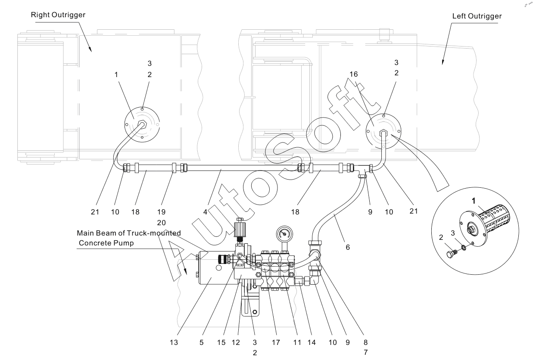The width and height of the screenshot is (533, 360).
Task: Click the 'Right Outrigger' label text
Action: tap(58, 15)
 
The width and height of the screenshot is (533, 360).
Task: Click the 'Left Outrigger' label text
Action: tap(477, 16)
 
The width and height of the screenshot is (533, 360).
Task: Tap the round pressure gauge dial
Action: tap(284, 234)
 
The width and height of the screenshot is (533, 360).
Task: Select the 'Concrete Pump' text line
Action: tap(106, 243)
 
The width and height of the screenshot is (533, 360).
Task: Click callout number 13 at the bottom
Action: tap(174, 342)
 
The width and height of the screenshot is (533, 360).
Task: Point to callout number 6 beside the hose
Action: tap(348, 247)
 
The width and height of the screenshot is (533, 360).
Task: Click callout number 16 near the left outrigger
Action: tap(354, 74)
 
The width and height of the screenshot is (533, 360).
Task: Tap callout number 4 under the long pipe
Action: tap(205, 212)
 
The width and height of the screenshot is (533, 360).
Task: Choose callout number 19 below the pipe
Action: tap(161, 212)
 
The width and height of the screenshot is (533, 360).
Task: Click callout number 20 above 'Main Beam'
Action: tap(161, 223)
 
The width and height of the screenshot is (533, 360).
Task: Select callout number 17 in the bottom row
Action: tap(276, 342)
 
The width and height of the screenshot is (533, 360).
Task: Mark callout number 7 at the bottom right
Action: tap(366, 352)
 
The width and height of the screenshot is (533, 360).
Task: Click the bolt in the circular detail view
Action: tap(452, 254)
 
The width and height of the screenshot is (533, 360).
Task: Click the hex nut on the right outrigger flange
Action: tap(143, 124)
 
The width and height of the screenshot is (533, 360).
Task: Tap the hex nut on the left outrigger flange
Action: tap(383, 132)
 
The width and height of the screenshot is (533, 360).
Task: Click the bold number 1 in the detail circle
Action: tap(474, 201)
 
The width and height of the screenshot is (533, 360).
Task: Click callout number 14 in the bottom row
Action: tap(312, 342)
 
